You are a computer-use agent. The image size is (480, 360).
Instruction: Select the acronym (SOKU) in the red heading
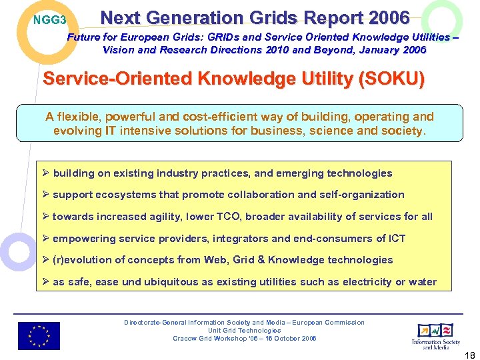[391, 79]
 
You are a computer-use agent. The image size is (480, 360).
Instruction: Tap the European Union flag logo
[39, 335]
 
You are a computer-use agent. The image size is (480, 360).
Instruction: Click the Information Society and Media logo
[435, 335]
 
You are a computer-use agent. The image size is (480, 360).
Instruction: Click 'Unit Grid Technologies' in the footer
[244, 331]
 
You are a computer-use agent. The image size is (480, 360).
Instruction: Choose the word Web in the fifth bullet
[226, 260]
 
